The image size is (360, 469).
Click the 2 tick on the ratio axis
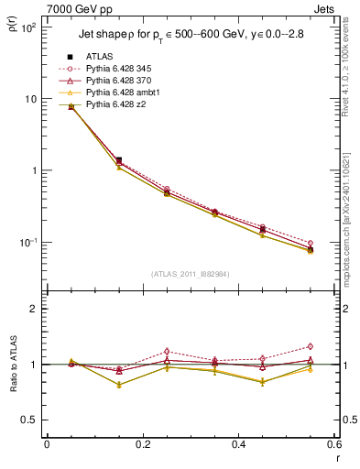[x=33, y=309]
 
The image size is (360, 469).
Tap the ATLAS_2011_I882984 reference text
[x=190, y=273]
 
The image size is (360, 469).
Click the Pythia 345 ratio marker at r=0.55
[x=311, y=346]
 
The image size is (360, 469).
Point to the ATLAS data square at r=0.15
[x=118, y=160]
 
